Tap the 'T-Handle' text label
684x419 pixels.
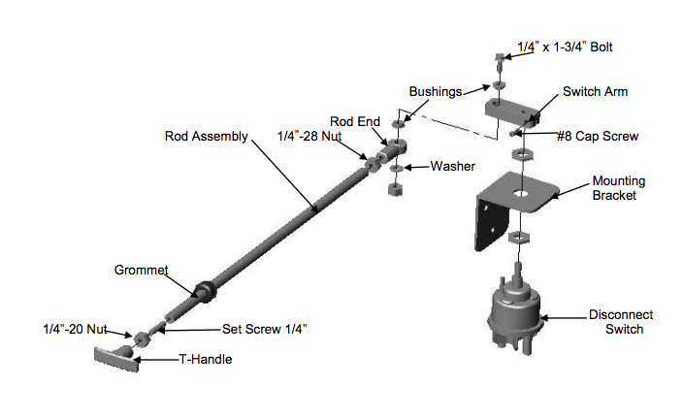(205, 359)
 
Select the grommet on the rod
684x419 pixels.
(205, 290)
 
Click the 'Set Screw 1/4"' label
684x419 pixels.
(265, 328)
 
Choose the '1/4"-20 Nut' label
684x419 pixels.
(75, 328)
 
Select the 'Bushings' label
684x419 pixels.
(434, 90)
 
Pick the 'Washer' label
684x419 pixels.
(453, 167)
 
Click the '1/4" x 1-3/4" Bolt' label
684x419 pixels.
(565, 47)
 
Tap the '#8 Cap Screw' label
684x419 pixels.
(598, 137)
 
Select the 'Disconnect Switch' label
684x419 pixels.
(621, 322)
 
